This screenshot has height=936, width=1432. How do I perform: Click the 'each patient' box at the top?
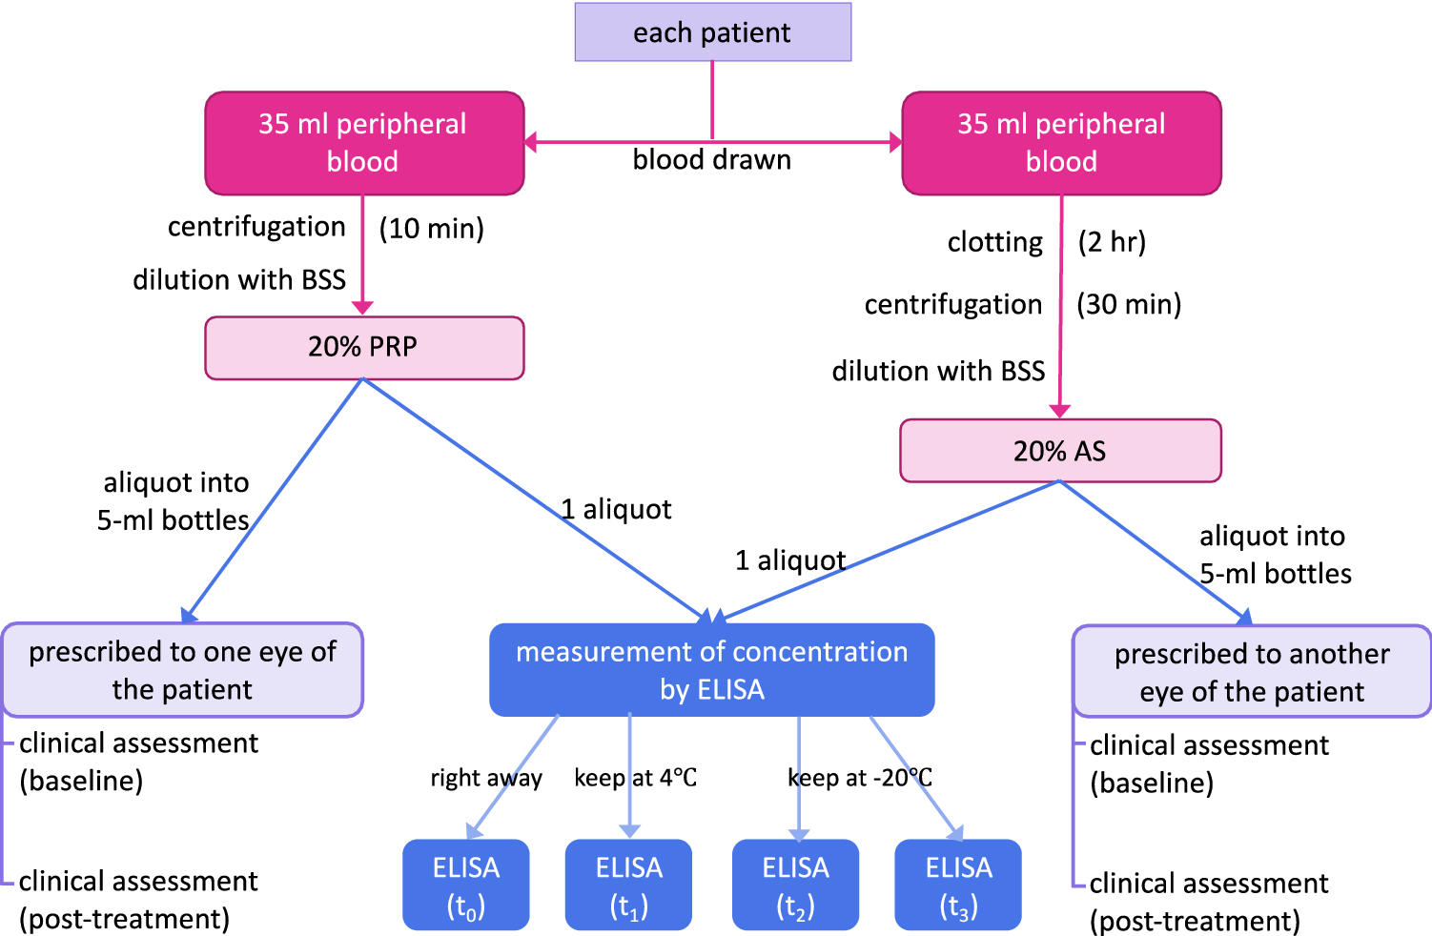(712, 32)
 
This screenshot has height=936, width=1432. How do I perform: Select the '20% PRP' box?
(364, 347)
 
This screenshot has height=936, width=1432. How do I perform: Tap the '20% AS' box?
(1060, 451)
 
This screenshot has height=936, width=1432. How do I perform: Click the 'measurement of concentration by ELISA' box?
(711, 670)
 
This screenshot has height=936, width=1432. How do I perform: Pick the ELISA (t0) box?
(465, 885)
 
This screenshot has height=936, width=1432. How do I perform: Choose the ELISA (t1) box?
(628, 885)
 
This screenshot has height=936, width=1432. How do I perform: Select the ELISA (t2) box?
(795, 885)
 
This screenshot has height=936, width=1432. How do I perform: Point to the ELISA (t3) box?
(958, 885)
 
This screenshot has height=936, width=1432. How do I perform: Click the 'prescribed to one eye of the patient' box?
(182, 670)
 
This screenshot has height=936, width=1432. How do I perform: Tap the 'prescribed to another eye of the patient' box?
(1252, 672)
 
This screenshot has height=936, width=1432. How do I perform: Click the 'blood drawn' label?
(711, 160)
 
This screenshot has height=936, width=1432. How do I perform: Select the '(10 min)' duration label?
(432, 229)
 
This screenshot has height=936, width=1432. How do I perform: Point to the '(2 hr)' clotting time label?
(1112, 242)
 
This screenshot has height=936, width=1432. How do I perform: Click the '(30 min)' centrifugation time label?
(1129, 305)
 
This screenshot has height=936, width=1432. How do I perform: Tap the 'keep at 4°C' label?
(635, 778)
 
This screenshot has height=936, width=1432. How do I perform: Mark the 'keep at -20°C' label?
(860, 778)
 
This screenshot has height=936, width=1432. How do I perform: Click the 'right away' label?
(486, 779)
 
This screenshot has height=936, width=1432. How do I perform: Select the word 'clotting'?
(994, 243)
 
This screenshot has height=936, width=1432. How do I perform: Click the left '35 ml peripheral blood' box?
(364, 143)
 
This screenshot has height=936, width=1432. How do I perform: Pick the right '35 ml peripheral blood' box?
(1061, 143)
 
